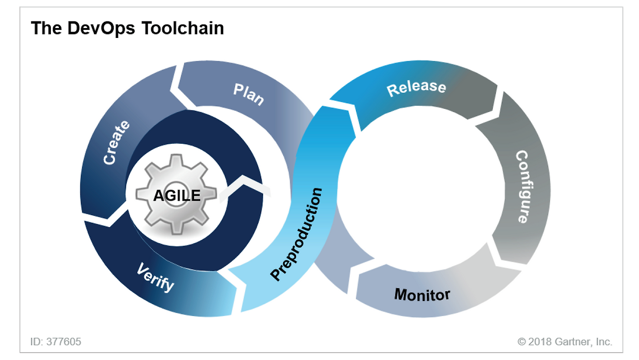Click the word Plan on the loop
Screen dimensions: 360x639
(249, 94)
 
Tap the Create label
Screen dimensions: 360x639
(116, 142)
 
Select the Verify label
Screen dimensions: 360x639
(156, 277)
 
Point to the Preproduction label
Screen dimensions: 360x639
(297, 234)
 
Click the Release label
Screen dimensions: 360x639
(416, 87)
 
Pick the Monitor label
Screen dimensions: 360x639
(422, 294)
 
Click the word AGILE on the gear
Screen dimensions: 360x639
(177, 195)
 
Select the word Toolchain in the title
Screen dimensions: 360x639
(182, 28)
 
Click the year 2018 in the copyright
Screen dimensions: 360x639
(540, 342)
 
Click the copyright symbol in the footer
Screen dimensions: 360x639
(522, 342)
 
